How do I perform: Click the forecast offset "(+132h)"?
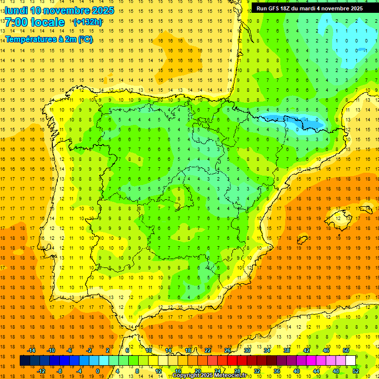point(88,22)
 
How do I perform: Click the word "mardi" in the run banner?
point(316,8)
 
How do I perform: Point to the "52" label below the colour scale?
point(356,371)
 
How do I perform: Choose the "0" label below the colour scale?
point(98,371)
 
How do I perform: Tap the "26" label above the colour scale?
point(227,350)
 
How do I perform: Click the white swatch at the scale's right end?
point(350,361)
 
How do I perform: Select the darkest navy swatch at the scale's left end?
point(25,361)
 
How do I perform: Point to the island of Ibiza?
point(302,240)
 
